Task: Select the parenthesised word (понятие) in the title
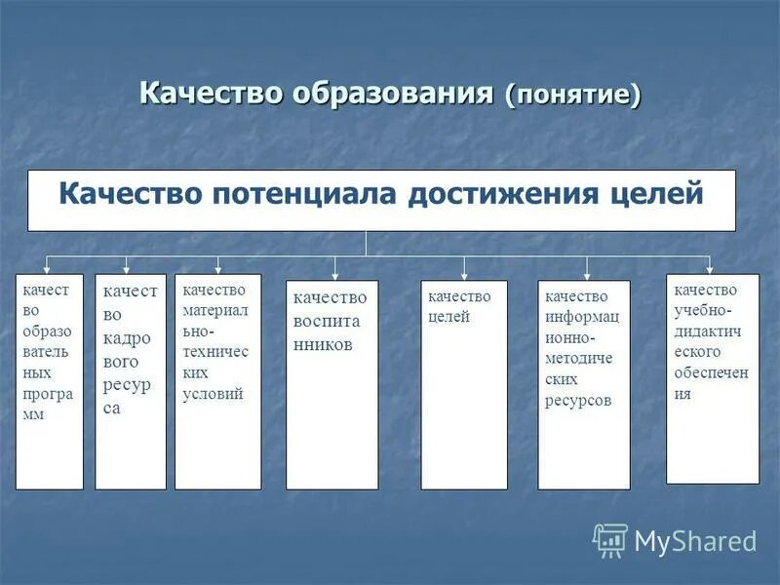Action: pos(573,96)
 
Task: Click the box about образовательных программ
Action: pos(50,381)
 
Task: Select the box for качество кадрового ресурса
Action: pos(131,381)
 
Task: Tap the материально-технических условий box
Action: pos(217,381)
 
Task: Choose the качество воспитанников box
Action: pos(331,384)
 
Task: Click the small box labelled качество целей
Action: pos(464,384)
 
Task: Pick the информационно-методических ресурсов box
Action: pos(584,384)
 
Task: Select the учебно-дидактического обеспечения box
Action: pos(712,378)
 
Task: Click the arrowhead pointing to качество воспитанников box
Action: pos(335,276)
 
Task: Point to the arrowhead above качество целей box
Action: pos(464,275)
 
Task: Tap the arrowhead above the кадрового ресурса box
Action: pos(126,269)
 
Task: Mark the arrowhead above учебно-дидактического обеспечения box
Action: pos(710,269)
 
